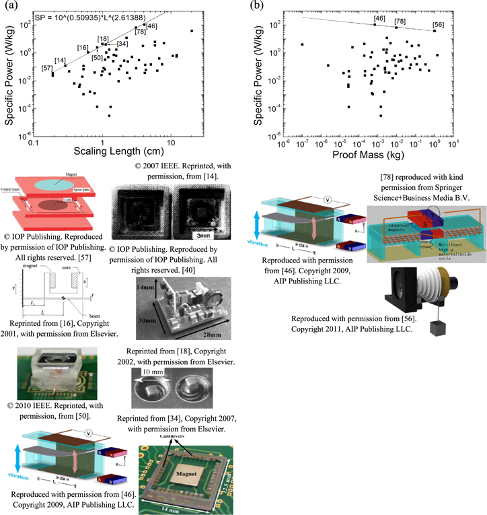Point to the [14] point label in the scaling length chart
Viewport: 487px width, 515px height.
pos(61,61)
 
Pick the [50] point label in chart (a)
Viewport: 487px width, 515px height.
pos(97,58)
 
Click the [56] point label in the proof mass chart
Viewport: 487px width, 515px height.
pos(438,25)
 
